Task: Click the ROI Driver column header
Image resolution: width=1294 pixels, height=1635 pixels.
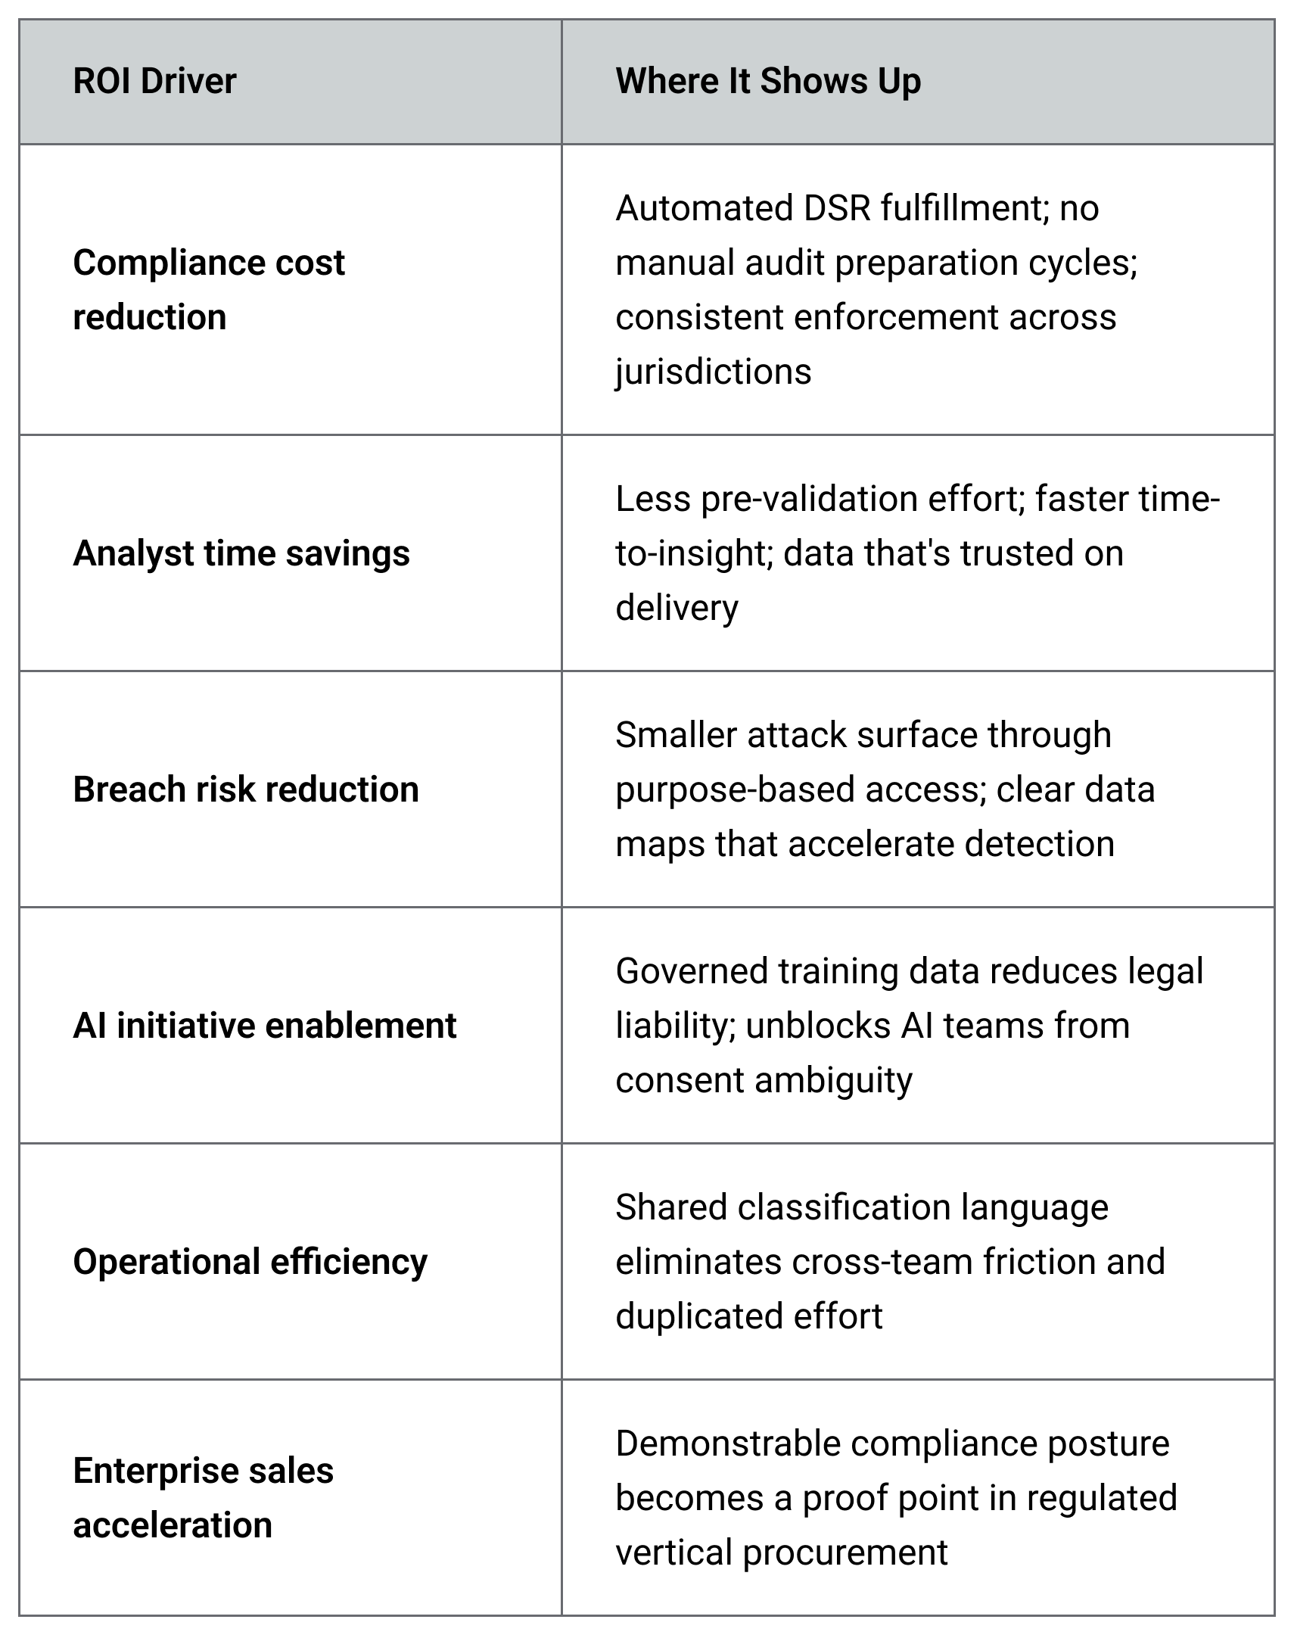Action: [x=154, y=81]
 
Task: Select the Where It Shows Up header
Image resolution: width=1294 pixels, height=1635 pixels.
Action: [x=768, y=82]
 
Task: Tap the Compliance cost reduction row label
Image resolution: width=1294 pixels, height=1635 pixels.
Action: [x=208, y=289]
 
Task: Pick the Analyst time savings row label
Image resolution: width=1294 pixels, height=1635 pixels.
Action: [x=241, y=554]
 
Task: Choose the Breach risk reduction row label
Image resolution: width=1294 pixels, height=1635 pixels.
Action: [x=246, y=789]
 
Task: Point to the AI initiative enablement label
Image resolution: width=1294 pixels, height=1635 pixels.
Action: [x=265, y=1026]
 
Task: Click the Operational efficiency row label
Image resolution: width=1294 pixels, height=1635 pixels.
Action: [x=250, y=1263]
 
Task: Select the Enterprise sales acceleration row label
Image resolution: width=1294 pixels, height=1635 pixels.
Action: [x=203, y=1498]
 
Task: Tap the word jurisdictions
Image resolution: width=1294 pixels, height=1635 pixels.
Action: [x=714, y=372]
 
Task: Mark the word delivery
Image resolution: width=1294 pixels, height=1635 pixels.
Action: [x=677, y=609]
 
